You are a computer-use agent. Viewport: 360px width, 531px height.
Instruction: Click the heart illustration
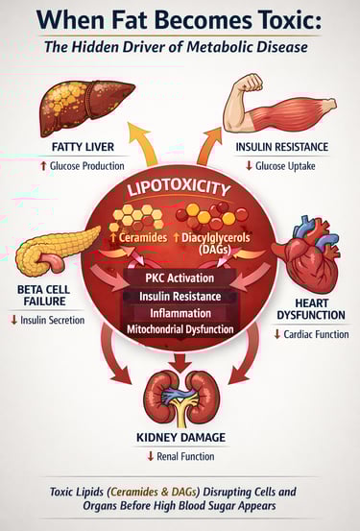pyautogui.click(x=304, y=252)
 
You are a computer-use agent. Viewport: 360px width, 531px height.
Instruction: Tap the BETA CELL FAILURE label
pyautogui.click(x=43, y=295)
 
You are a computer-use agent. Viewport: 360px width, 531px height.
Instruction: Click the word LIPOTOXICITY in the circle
pyautogui.click(x=181, y=189)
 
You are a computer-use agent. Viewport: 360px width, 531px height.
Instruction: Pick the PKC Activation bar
pyautogui.click(x=180, y=278)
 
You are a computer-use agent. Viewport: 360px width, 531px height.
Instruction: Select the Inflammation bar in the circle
pyautogui.click(x=180, y=313)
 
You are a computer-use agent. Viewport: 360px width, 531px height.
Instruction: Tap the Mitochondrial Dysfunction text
pyautogui.click(x=180, y=329)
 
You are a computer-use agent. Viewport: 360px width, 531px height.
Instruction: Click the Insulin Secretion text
pyautogui.click(x=52, y=320)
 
